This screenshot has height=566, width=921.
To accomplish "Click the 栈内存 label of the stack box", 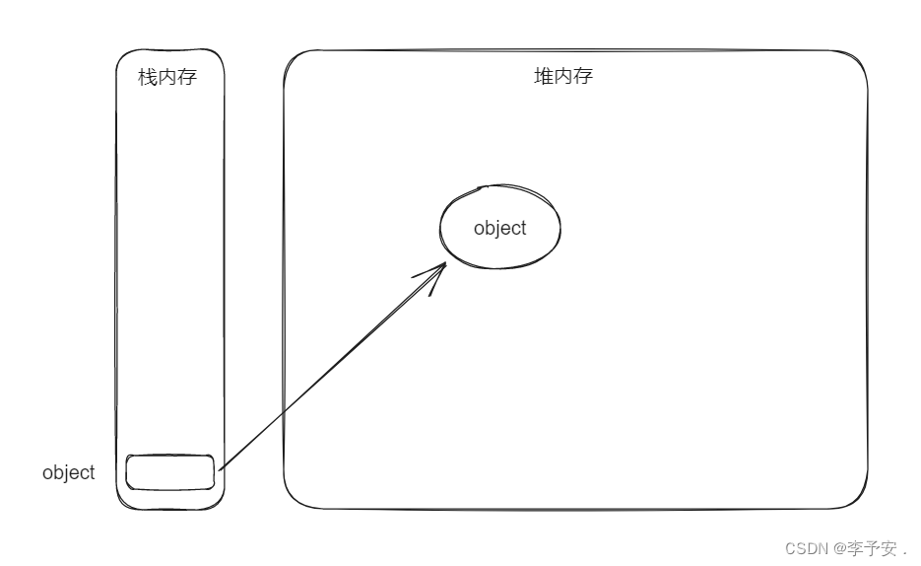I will click(167, 77).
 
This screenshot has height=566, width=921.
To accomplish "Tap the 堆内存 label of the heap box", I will click(563, 76).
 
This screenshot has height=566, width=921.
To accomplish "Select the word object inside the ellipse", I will click(500, 228).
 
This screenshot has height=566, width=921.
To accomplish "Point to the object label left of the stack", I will click(69, 472).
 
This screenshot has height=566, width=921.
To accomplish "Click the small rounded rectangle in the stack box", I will click(170, 471).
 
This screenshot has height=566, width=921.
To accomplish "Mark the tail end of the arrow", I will click(219, 469).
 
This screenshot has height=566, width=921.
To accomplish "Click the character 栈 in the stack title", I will click(148, 77).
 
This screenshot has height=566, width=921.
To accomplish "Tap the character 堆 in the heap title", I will click(544, 76).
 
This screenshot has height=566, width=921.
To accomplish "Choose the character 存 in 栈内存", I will click(187, 77).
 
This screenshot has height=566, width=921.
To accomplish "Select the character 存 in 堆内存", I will click(583, 76).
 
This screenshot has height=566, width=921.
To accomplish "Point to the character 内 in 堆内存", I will click(563, 76).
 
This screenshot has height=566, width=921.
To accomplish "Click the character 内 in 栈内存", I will click(167, 77).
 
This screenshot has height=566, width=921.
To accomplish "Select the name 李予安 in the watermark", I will click(871, 548).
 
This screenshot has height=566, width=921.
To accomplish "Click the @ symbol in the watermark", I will click(839, 548).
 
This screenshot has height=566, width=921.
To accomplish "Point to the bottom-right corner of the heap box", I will click(858, 499).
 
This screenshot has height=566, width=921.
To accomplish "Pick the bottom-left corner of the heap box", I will click(293, 499).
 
